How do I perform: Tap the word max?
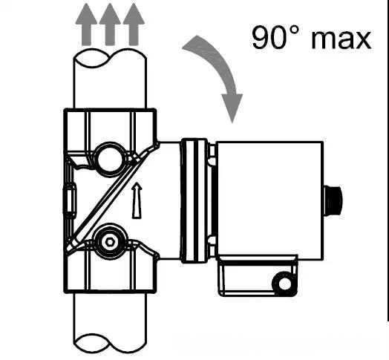(x=341, y=39)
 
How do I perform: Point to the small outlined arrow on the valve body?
(x=137, y=200)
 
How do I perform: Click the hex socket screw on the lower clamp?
(x=109, y=241)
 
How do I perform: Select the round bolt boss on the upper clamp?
(x=109, y=160)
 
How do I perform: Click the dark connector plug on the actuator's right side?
(x=333, y=200)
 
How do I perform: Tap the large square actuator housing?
(x=270, y=200)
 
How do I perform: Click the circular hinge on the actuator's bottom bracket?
(x=284, y=284)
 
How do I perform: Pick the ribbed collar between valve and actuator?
(x=194, y=200)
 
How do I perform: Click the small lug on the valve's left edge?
(x=70, y=200)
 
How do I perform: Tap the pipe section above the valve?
(x=110, y=79)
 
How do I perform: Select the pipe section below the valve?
(x=110, y=323)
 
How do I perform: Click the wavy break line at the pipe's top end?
(x=110, y=59)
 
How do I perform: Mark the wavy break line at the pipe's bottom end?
(x=110, y=344)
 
